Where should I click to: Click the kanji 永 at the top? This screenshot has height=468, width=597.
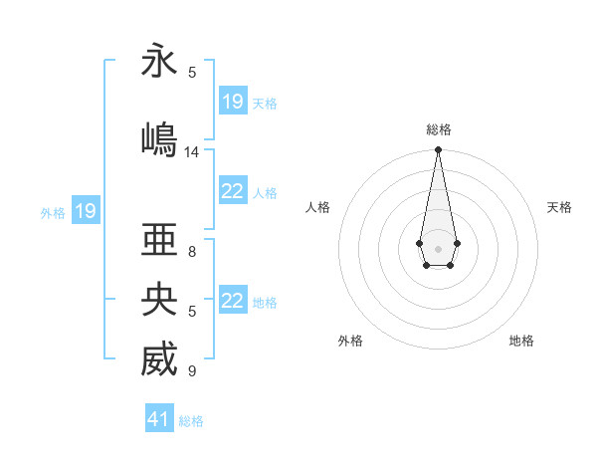click(159, 61)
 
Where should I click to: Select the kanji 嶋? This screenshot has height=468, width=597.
click(159, 137)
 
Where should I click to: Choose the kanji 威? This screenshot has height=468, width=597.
click(159, 359)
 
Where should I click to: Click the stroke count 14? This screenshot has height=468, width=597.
click(192, 152)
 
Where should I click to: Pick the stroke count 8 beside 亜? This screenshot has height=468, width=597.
click(192, 252)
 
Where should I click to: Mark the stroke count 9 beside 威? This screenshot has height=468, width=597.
click(192, 371)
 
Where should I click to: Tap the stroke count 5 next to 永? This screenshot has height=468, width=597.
click(192, 72)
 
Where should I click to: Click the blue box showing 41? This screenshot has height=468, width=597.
click(159, 419)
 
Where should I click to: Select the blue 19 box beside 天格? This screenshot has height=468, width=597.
click(233, 102)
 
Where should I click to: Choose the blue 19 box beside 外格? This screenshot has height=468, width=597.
click(85, 210)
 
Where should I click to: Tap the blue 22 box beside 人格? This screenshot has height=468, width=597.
click(233, 192)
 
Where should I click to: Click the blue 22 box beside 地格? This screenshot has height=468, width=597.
click(233, 301)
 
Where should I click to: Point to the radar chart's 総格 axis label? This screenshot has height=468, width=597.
click(438, 129)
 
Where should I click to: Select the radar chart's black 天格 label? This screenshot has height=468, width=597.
click(559, 207)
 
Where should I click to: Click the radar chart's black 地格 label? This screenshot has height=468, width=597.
click(521, 341)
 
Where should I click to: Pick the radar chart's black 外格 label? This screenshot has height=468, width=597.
click(350, 341)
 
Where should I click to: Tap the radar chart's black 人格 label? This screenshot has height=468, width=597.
click(317, 207)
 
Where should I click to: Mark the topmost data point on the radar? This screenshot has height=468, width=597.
click(438, 150)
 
